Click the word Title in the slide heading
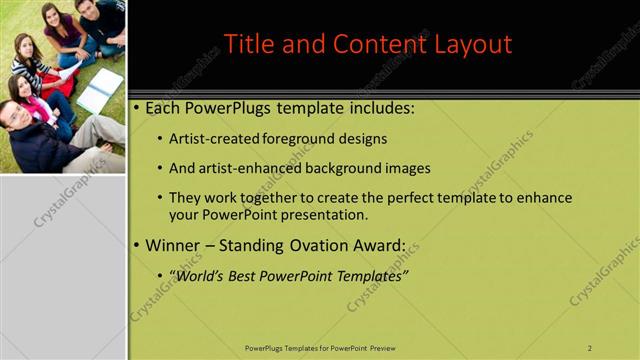[x=246, y=44]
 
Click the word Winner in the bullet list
[x=173, y=245]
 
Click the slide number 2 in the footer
[x=590, y=347]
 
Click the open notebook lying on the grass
[x=99, y=91]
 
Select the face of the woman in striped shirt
[x=23, y=50]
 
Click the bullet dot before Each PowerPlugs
[x=136, y=108]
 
